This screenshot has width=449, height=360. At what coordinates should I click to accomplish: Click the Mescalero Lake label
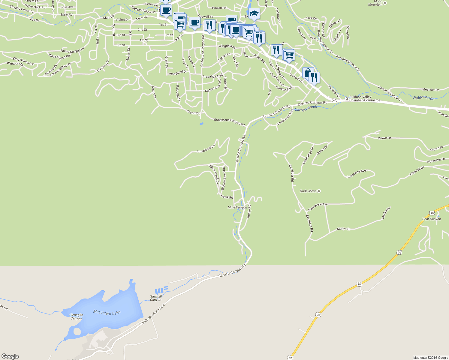point(107,312)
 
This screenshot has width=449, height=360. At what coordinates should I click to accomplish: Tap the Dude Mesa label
point(308,191)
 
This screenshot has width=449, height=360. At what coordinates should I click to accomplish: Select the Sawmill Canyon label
point(156,298)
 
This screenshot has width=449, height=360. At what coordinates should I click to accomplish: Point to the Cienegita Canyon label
point(76,316)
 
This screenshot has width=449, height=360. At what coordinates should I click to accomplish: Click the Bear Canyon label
point(432,219)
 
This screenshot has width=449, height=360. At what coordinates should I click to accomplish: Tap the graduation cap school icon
point(254,14)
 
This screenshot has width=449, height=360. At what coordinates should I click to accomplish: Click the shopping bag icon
point(308,73)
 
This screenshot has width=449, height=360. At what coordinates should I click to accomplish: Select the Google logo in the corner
point(10,356)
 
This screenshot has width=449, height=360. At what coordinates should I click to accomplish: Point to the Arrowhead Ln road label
point(206,149)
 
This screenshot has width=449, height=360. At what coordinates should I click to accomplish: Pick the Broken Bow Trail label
point(224,178)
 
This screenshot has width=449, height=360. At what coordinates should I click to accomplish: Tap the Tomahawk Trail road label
point(285,117)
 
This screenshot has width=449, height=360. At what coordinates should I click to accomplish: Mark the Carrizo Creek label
point(306,109)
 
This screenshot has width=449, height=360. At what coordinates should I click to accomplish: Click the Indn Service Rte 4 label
point(154,314)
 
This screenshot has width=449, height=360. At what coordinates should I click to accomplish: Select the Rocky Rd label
point(249,211)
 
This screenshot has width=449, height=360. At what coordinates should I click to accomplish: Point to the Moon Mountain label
point(375,3)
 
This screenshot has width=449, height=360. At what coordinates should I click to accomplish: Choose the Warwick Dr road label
point(417,171)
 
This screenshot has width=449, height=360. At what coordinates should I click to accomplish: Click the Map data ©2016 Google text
point(430,358)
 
